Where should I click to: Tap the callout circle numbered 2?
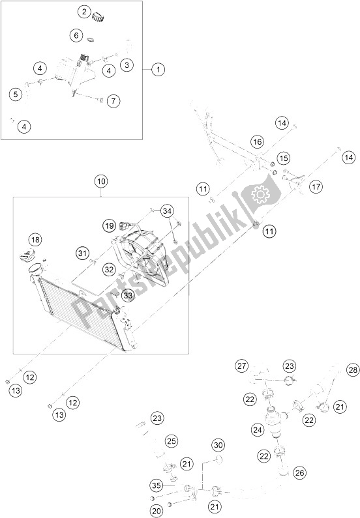pyautogui.click(x=85, y=11)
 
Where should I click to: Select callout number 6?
pyautogui.click(x=76, y=35)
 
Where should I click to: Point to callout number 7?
pyautogui.click(x=113, y=101)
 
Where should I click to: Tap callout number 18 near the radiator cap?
pyautogui.click(x=35, y=240)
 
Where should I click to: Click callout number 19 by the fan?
pyautogui.click(x=111, y=225)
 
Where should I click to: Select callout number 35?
pyautogui.click(x=155, y=485)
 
